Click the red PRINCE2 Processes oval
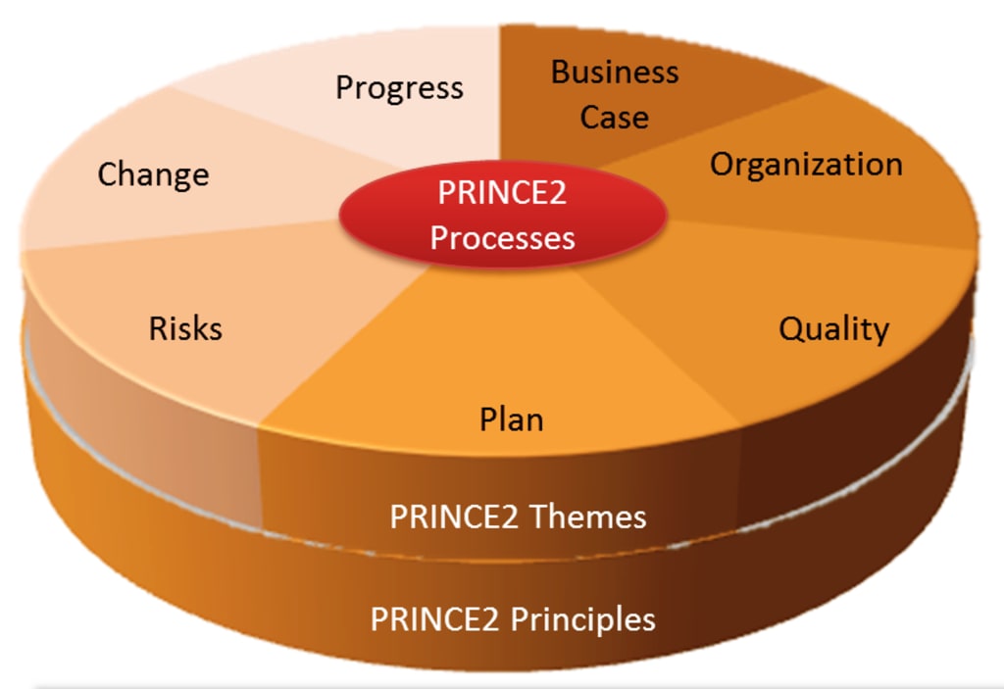(x=502, y=215)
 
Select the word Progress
(x=399, y=87)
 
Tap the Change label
(x=153, y=174)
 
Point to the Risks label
(x=185, y=327)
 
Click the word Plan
(x=511, y=419)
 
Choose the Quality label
(x=833, y=329)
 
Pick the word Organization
(x=806, y=164)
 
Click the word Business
(x=615, y=72)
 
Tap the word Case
(x=614, y=118)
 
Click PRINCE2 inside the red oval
(x=502, y=192)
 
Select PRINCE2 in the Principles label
(x=430, y=619)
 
